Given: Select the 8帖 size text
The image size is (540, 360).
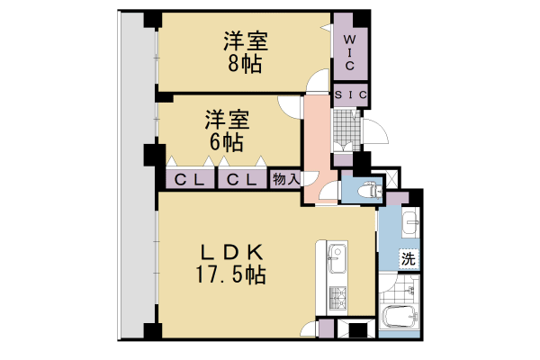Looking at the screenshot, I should (x=246, y=63).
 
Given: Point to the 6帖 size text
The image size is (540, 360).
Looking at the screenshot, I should (x=226, y=141).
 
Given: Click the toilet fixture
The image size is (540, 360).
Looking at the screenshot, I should (x=364, y=190).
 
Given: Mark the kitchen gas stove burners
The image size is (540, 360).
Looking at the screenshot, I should (x=338, y=297).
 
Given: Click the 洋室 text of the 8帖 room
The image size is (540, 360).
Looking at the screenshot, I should (x=246, y=41).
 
